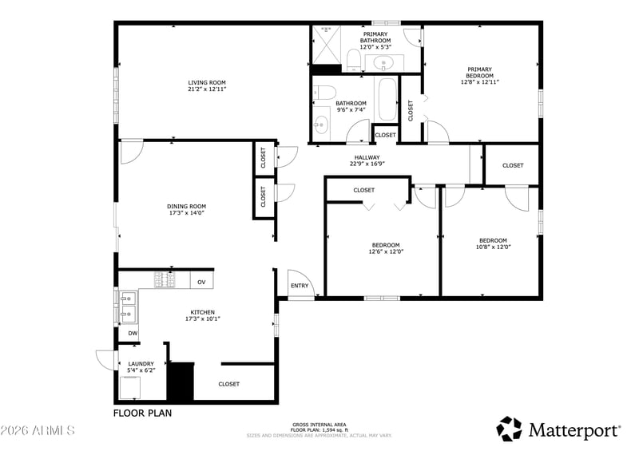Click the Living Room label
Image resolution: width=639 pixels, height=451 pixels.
[207, 82]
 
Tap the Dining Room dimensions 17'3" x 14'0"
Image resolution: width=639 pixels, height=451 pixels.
[186, 212]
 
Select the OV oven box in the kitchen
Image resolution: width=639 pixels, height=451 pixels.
[201, 282]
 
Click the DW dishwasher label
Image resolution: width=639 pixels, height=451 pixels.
[133, 333]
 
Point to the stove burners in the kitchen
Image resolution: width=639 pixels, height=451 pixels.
[165, 280]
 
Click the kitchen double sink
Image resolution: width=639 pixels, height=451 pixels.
[128, 307]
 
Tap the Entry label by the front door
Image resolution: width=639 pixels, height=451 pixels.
[300, 286]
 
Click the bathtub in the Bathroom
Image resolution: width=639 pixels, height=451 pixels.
[387, 99]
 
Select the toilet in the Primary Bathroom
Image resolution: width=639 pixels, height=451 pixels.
[353, 60]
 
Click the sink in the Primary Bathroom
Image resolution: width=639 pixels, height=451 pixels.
[383, 63]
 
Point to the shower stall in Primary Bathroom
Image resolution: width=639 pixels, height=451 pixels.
[326, 45]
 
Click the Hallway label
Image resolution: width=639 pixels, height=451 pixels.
[367, 157]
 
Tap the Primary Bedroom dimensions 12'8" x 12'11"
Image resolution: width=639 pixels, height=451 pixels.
[480, 82]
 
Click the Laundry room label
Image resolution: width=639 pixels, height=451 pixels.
[141, 364]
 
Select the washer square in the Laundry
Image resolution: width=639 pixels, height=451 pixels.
[130, 387]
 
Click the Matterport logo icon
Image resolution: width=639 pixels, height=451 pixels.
[509, 429]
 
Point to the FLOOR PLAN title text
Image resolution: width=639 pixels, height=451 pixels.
[142, 413]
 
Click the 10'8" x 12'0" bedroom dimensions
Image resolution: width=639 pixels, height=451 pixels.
[493, 247]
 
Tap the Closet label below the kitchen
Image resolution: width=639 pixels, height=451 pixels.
[229, 384]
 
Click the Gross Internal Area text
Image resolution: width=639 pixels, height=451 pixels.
[319, 425]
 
